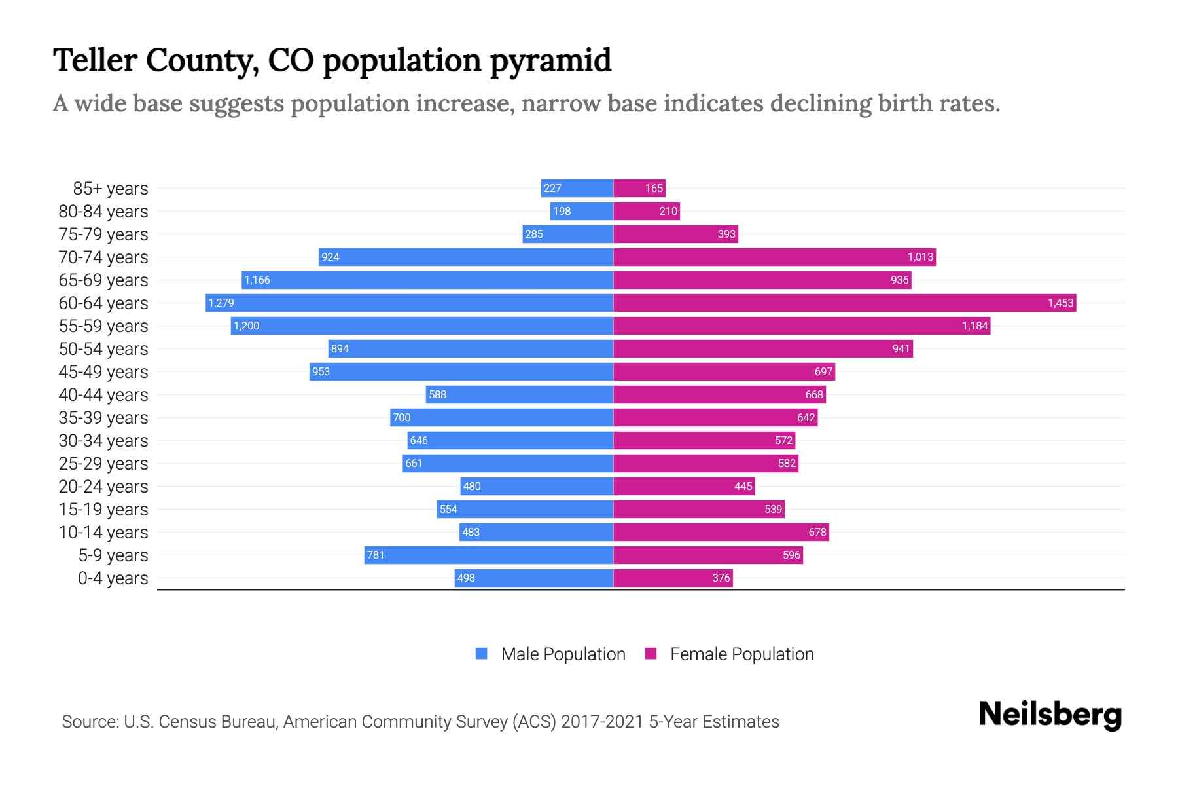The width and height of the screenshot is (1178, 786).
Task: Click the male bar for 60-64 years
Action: pyautogui.click(x=409, y=303)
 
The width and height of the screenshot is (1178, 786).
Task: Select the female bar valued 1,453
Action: pyautogui.click(x=844, y=303)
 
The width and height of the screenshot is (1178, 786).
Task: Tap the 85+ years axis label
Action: pyautogui.click(x=111, y=189)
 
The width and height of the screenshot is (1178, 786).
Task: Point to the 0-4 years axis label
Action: pyautogui.click(x=113, y=578)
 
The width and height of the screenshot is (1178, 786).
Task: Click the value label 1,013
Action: pyautogui.click(x=920, y=257)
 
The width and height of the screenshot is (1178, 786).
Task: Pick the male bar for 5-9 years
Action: pyautogui.click(x=488, y=555)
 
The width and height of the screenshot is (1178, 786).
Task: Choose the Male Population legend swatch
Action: pyautogui.click(x=482, y=654)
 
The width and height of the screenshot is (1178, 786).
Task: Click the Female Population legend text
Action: pyautogui.click(x=741, y=654)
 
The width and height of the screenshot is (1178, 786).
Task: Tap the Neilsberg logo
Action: pyautogui.click(x=1050, y=715)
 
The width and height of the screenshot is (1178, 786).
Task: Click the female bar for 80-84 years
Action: pyautogui.click(x=647, y=211)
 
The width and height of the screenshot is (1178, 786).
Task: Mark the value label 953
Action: pyautogui.click(x=321, y=371)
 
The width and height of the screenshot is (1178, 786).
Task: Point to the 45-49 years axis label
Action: pyautogui.click(x=103, y=372)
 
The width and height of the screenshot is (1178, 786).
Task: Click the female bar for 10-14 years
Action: pyautogui.click(x=721, y=532)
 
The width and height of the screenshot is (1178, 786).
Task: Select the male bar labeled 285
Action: pyautogui.click(x=567, y=234)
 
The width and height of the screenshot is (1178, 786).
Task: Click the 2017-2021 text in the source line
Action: pyautogui.click(x=602, y=722)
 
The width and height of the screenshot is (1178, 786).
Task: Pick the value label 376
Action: pyautogui.click(x=721, y=578)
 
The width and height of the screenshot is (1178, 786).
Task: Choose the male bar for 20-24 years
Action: pyautogui.click(x=537, y=486)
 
